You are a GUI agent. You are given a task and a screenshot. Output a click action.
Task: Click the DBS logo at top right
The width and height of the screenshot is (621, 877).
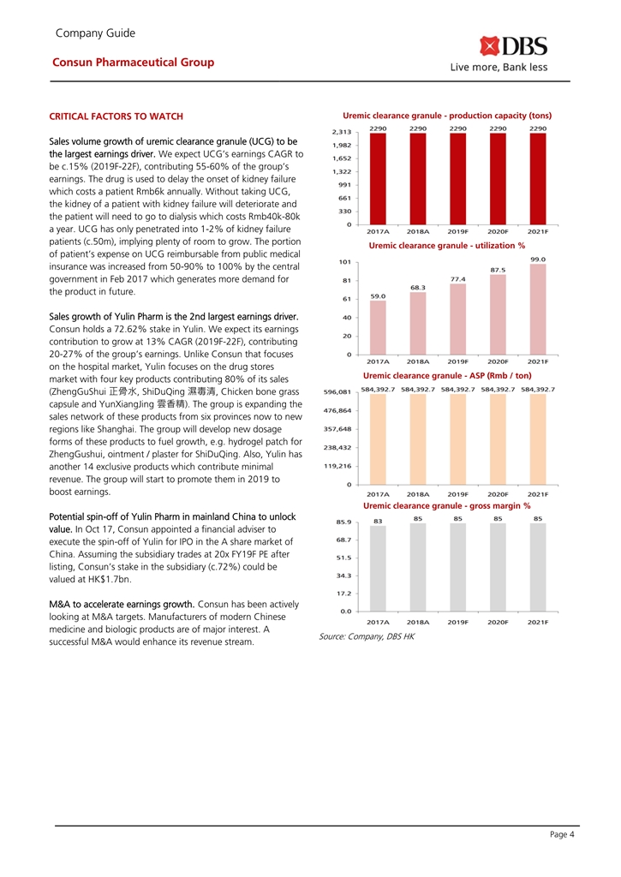[513, 46]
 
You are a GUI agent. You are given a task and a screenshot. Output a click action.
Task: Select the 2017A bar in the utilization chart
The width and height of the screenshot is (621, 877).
[378, 327]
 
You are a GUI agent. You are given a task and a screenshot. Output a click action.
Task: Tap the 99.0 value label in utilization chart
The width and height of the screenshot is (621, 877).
[538, 259]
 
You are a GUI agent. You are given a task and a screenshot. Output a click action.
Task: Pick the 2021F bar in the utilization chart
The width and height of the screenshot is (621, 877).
[538, 309]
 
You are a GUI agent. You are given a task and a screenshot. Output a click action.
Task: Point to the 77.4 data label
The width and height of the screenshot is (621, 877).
[458, 278]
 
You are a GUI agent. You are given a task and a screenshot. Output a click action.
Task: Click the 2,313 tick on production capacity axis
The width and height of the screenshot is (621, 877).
[340, 131]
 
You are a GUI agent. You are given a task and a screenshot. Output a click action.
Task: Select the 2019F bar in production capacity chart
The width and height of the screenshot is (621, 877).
[458, 178]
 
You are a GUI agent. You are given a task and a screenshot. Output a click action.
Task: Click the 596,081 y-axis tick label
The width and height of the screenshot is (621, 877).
[337, 391]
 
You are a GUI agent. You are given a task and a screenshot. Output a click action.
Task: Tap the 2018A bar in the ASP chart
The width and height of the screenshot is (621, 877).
[418, 439]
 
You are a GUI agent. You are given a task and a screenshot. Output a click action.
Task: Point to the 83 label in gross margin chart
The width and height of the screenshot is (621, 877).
[378, 521]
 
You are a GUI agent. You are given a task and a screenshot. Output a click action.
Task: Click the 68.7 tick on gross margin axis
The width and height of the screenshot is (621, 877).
[340, 540]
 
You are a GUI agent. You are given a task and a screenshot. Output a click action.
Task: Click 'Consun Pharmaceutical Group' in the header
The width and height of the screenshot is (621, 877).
[133, 62]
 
